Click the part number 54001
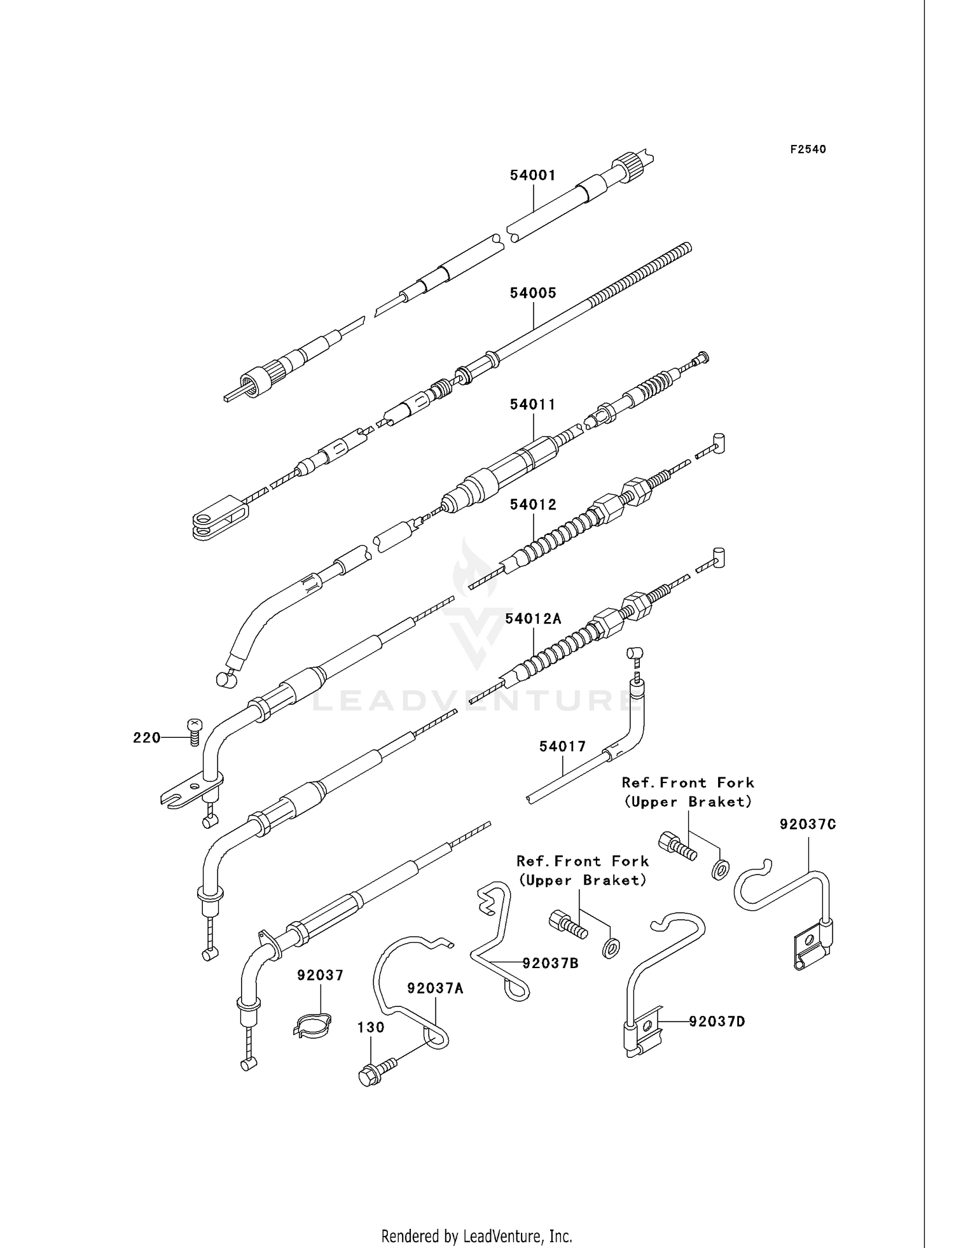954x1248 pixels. pos(532,176)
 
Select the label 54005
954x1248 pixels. pos(532,293)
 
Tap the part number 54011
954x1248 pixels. pos(532,405)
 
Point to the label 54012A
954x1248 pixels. pos(533,618)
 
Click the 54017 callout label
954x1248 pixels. pos(562,746)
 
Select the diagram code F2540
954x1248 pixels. pos(808,149)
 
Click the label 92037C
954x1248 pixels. pos(808,824)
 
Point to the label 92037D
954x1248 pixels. pos(717,1022)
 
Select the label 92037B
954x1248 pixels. pos(550,963)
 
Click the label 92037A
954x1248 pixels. pos(435,988)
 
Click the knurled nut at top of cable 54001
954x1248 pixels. pos(628,166)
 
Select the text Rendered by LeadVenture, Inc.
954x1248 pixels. pos(476,1236)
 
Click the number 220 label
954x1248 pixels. pos(146,738)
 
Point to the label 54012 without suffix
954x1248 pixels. pos(532,504)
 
